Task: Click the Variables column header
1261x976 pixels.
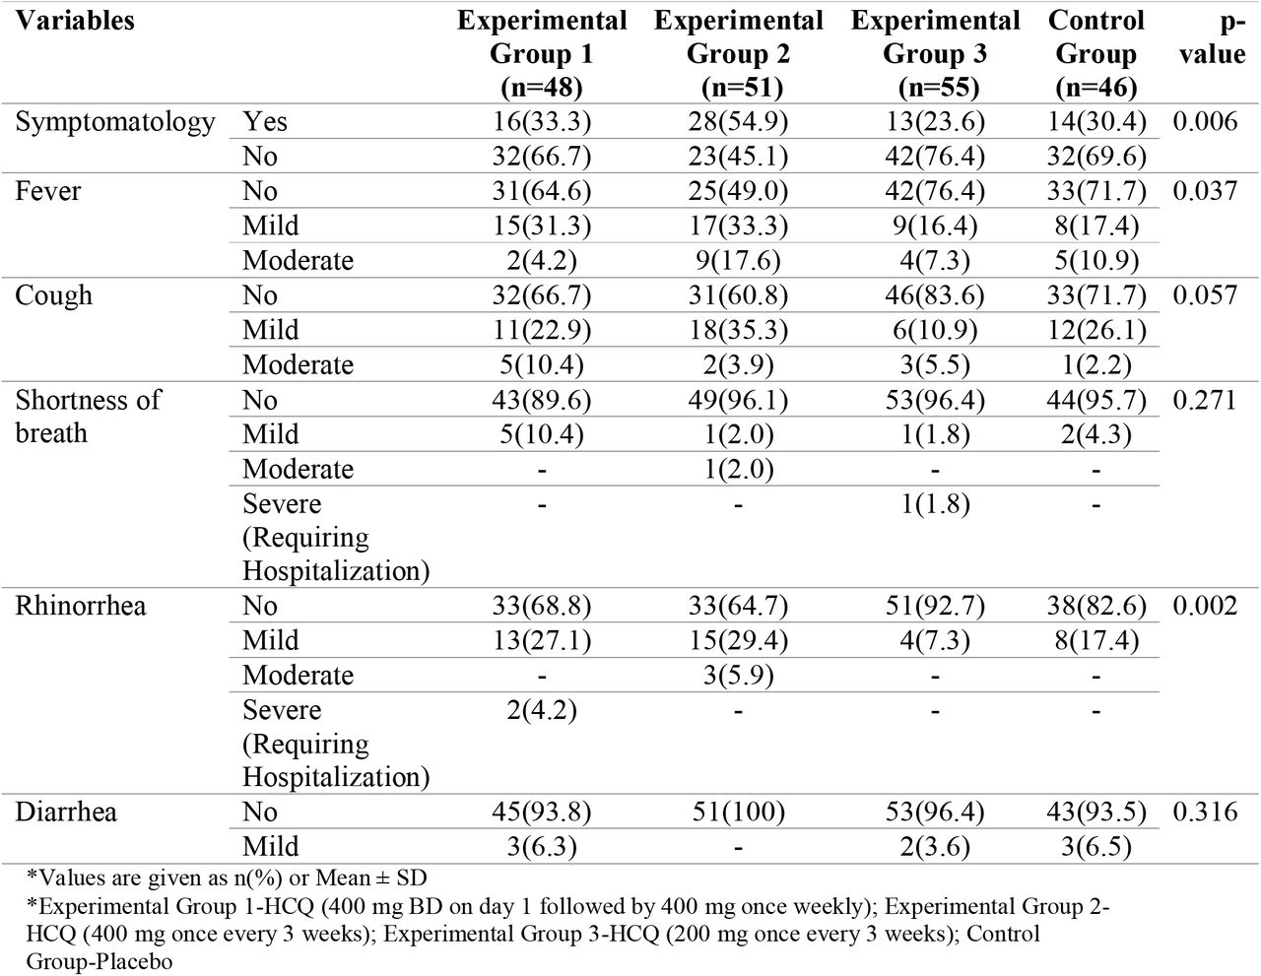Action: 75,21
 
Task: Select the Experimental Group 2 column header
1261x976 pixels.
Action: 739,54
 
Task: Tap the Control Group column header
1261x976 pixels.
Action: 1095,54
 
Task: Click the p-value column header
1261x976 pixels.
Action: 1213,37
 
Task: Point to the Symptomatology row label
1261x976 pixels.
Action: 115,123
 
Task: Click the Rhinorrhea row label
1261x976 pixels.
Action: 81,606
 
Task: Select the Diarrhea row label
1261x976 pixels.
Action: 66,812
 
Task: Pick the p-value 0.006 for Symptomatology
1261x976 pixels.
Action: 1205,122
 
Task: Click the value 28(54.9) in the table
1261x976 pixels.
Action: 738,122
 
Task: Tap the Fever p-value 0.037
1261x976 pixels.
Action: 1205,191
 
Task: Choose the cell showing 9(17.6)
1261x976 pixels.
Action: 738,261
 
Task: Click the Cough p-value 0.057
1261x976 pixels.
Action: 1205,295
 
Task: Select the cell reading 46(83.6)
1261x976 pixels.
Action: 935,295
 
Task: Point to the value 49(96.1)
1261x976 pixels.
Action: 738,401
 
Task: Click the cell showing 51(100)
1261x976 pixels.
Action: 738,812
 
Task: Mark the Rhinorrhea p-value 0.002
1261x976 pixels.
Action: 1205,606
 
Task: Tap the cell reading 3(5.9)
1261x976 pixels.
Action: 738,676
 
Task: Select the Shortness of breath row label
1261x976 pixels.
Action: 89,417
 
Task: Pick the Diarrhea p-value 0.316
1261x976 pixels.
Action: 1205,812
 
